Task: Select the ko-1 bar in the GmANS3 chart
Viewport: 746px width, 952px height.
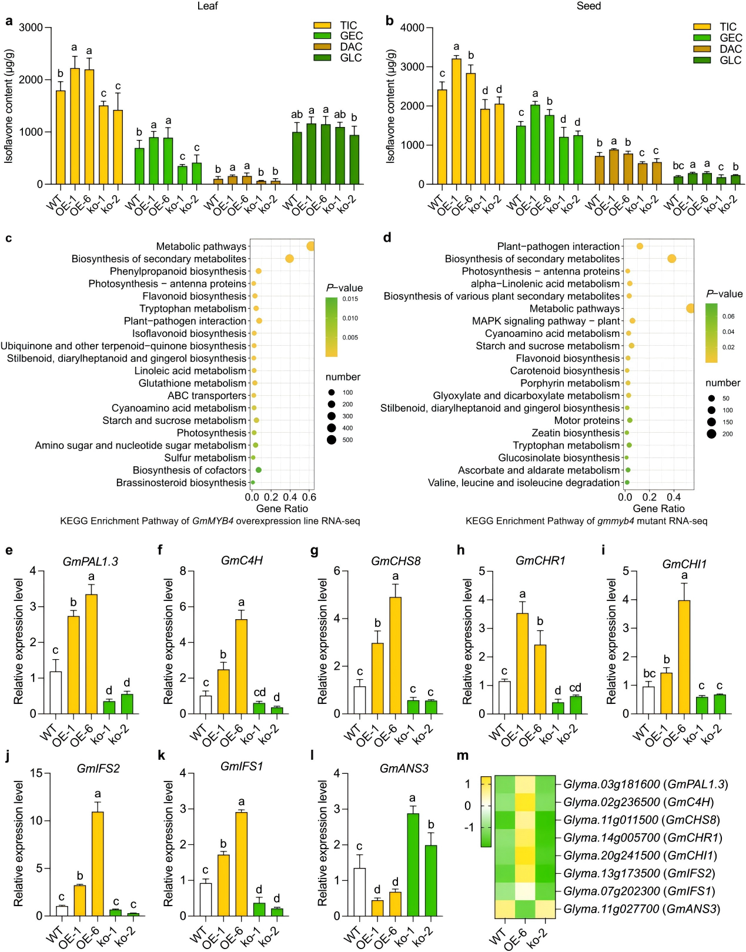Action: coord(413,864)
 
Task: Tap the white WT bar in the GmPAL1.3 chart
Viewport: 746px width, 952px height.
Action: coord(56,693)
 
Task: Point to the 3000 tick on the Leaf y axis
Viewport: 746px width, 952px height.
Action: coord(31,28)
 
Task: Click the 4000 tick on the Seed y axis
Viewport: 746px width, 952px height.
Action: coord(412,28)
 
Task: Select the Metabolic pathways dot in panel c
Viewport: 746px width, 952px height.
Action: coord(310,246)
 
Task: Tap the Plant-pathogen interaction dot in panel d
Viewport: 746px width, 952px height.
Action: coord(640,246)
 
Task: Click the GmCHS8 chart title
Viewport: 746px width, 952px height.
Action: coord(396,561)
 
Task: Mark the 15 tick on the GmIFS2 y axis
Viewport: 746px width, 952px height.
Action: coord(36,773)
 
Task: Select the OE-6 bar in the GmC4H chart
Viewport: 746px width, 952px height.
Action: coord(241,666)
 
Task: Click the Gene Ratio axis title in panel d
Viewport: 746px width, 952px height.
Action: coord(658,509)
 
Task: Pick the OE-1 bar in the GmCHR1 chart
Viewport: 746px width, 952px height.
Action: coord(523,663)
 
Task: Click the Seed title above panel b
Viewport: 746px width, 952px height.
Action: coord(588,6)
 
